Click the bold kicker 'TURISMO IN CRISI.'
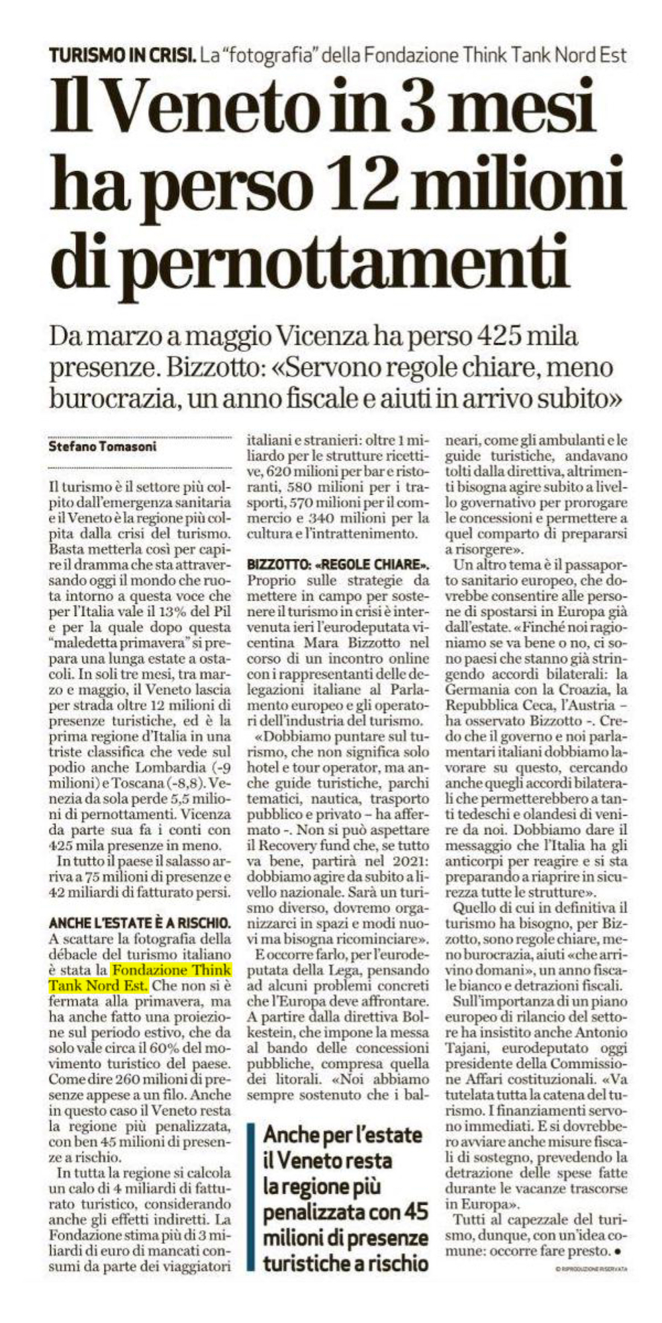coord(122,54)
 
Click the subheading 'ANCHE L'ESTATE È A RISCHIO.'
coord(140,922)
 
